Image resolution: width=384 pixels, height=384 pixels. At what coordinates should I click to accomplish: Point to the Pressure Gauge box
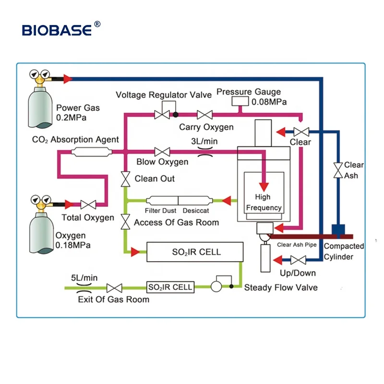pyautogui.click(x=239, y=102)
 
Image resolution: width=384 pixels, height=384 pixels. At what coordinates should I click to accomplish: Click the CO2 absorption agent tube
pyautogui.click(x=91, y=152)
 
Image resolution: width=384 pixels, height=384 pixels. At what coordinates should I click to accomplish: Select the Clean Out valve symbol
pyautogui.click(x=125, y=179)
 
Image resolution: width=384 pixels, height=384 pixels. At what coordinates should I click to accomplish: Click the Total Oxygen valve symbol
pyautogui.click(x=88, y=204)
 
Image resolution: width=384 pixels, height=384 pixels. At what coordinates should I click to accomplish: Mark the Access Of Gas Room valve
pyautogui.click(x=125, y=222)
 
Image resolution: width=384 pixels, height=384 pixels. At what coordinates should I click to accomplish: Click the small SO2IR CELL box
pyautogui.click(x=170, y=287)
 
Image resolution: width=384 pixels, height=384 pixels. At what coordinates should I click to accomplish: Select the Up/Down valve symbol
pyautogui.click(x=299, y=261)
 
